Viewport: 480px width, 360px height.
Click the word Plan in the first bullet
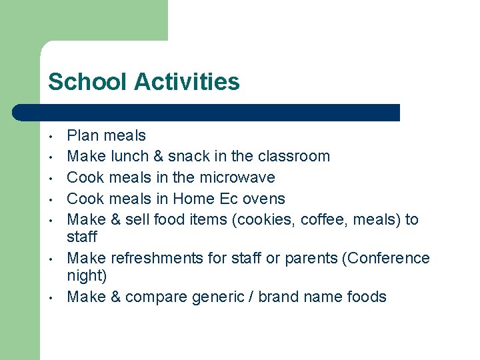pyautogui.click(x=83, y=135)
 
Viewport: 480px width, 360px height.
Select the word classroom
pyautogui.click(x=294, y=156)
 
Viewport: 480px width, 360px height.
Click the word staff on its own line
pyautogui.click(x=82, y=237)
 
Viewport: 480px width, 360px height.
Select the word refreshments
pyautogui.click(x=146, y=258)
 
